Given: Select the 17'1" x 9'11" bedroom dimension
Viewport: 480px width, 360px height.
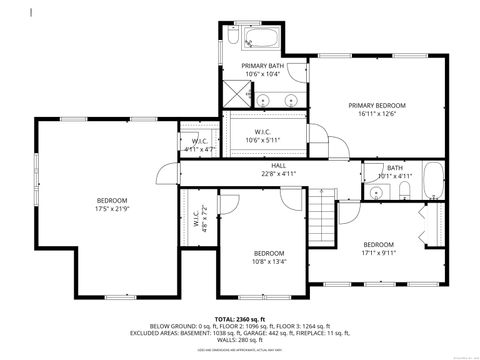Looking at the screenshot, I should [378, 254].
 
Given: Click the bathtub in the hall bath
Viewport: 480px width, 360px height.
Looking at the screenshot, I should [431, 181].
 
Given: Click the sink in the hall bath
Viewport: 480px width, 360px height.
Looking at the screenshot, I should [372, 193].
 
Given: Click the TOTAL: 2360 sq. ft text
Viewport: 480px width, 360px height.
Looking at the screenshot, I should [239, 319].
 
